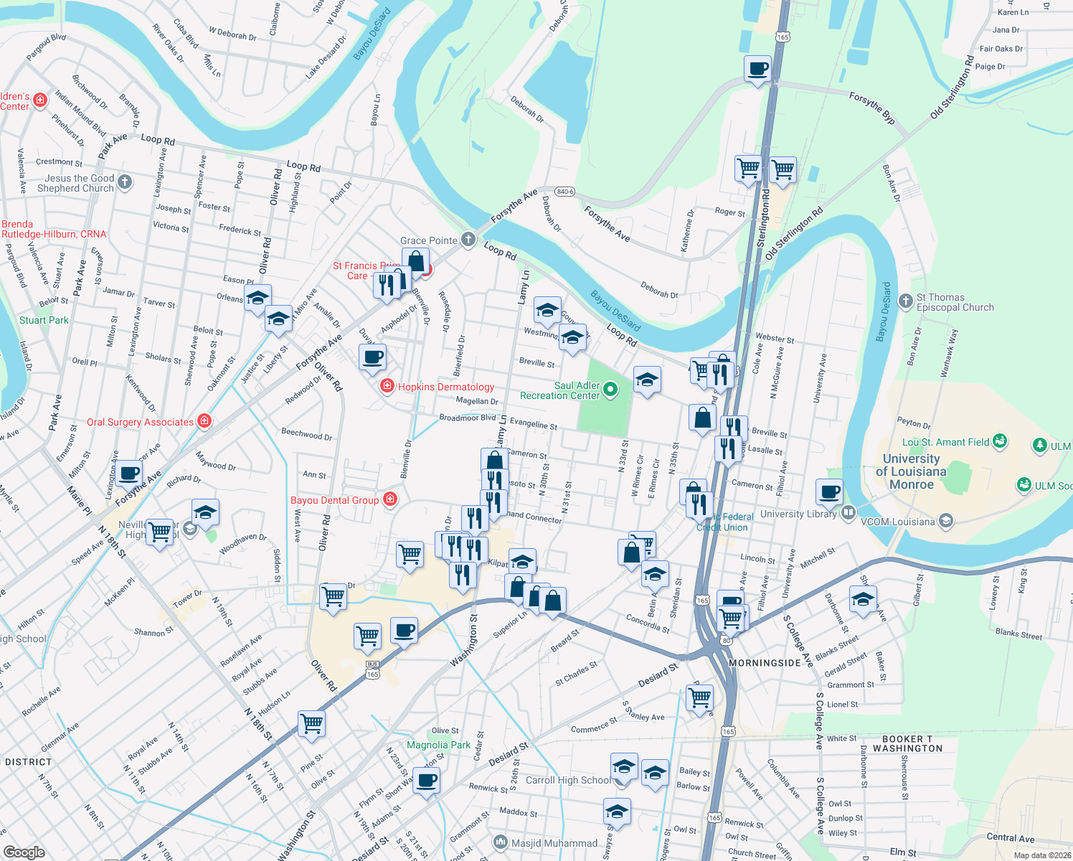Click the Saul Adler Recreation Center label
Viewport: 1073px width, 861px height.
tap(559, 390)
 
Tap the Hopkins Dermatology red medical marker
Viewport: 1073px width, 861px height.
tap(387, 387)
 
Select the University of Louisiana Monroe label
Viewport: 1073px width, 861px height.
tap(912, 471)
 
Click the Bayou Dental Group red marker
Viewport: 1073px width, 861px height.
tap(390, 499)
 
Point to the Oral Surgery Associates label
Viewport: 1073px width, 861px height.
tap(140, 422)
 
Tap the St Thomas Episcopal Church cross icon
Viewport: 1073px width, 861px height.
tap(905, 300)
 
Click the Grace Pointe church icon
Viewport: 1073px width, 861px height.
tap(468, 240)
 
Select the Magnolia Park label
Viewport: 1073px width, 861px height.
tap(438, 745)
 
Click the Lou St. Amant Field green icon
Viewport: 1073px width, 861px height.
tap(1000, 441)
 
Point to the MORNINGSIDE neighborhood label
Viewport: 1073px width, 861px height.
tap(765, 663)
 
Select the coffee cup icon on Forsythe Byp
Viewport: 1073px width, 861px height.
tap(758, 70)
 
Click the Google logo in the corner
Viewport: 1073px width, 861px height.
tap(24, 852)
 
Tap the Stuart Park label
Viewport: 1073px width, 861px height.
tap(44, 320)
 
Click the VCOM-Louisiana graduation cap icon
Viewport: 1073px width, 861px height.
tap(946, 521)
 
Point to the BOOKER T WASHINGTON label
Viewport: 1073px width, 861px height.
tap(907, 743)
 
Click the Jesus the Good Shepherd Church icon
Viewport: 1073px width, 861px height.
tap(125, 182)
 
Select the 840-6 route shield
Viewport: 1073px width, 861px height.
tap(565, 192)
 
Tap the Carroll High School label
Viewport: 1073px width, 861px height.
tap(567, 780)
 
